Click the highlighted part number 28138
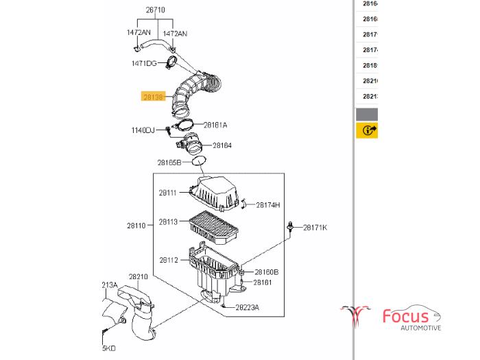(x=153, y=97)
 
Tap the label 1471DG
(x=144, y=63)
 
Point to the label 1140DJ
(x=143, y=130)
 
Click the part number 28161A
(x=215, y=125)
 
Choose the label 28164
(x=222, y=145)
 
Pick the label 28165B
(x=169, y=163)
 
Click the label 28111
(x=168, y=193)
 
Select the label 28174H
(x=268, y=204)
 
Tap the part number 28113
(x=168, y=221)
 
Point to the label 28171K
(x=315, y=227)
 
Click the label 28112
(x=169, y=260)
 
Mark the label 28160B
(x=266, y=272)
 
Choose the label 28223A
(x=247, y=307)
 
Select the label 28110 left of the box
(x=136, y=225)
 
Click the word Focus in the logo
(x=405, y=316)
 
